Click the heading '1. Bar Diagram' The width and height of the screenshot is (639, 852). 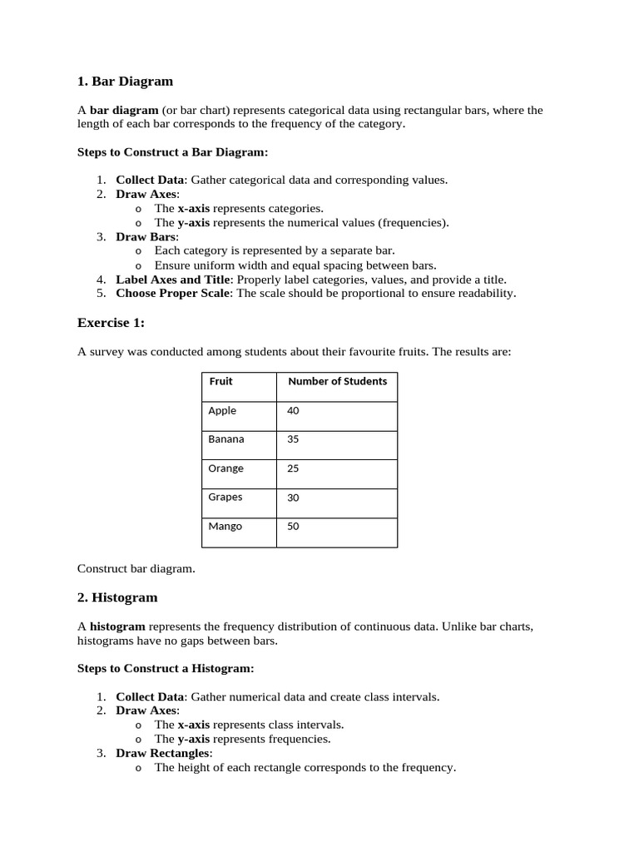(x=125, y=82)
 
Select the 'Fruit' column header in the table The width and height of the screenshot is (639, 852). (x=220, y=382)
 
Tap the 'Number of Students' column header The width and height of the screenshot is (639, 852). (x=337, y=382)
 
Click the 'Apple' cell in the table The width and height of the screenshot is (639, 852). (x=222, y=411)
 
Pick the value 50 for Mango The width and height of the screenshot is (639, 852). (x=293, y=527)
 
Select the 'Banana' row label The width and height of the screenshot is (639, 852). (x=226, y=439)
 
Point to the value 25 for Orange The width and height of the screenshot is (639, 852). (x=293, y=468)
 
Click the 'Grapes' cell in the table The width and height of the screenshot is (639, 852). (x=225, y=498)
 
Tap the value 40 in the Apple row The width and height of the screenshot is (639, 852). (x=293, y=411)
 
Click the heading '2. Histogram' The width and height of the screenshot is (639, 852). (x=117, y=597)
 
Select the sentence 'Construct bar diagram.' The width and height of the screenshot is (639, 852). (x=136, y=569)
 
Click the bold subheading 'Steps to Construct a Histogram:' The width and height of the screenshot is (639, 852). (x=166, y=668)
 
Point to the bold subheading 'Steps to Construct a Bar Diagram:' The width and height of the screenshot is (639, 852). (x=173, y=152)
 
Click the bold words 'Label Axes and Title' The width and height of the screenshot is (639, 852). (x=171, y=280)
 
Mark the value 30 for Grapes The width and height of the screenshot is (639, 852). (x=293, y=498)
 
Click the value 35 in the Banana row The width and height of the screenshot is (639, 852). (x=293, y=439)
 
